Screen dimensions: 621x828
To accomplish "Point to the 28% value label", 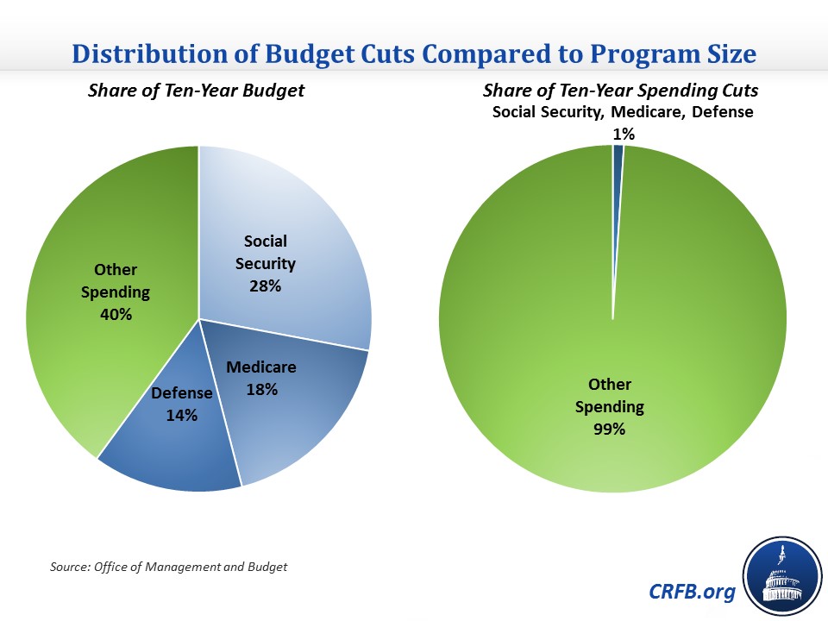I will [x=265, y=286].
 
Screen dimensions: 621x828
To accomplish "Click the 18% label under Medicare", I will [x=260, y=389].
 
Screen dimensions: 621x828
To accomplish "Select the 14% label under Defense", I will [x=182, y=415].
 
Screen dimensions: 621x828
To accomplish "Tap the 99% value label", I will [x=609, y=429].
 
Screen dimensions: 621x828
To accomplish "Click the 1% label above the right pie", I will [x=623, y=134].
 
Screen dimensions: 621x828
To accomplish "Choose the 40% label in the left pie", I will [x=116, y=314].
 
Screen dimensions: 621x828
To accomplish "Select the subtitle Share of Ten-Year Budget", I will [x=196, y=91].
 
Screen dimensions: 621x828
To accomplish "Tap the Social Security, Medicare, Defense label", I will [x=623, y=112].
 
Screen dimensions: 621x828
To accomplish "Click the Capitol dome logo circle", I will [x=780, y=576].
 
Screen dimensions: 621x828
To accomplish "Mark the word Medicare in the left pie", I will [x=260, y=367].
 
